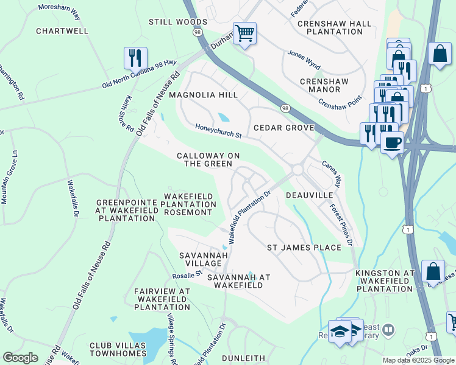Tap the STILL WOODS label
pos(178,22)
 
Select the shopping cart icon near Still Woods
pos(244,33)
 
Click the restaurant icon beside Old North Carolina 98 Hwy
pos(135,58)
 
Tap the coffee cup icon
pos(392,143)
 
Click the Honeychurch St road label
pos(219,130)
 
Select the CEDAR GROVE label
pos(283,128)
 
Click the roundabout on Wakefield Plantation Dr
pos(298,170)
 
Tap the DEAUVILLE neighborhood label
pos(310,195)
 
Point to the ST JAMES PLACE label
pos(304,248)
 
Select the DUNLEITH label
pos(243,358)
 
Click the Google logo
pos(20,358)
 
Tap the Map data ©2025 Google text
pos(418,360)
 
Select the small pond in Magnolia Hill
pos(224,117)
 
